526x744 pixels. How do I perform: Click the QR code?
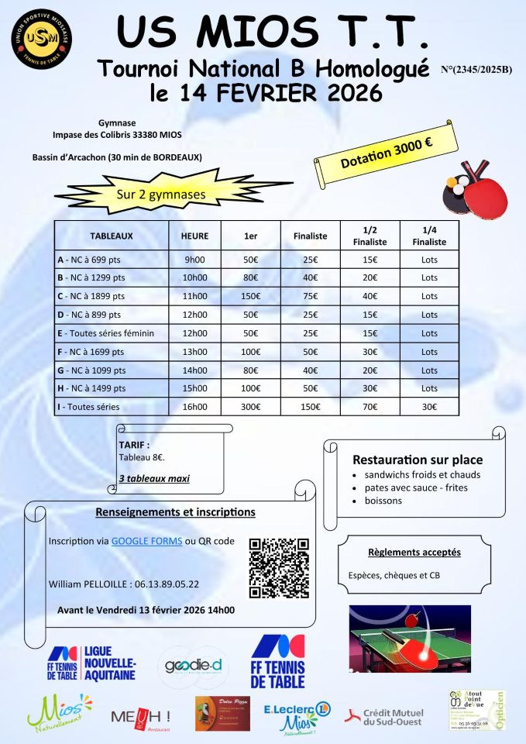pyautogui.click(x=279, y=567)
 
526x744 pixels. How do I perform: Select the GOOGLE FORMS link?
pyautogui.click(x=147, y=541)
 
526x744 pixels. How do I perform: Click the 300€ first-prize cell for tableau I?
pyautogui.click(x=250, y=407)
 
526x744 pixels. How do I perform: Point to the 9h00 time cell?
pyautogui.click(x=194, y=260)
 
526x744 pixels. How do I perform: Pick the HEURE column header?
pyautogui.click(x=194, y=235)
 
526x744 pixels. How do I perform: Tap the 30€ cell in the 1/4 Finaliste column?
pyautogui.click(x=429, y=407)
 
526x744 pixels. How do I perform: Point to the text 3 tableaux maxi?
pyautogui.click(x=154, y=479)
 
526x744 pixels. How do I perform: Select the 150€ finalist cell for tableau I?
pyautogui.click(x=310, y=407)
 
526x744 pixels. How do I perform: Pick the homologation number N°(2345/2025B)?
pyautogui.click(x=476, y=70)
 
